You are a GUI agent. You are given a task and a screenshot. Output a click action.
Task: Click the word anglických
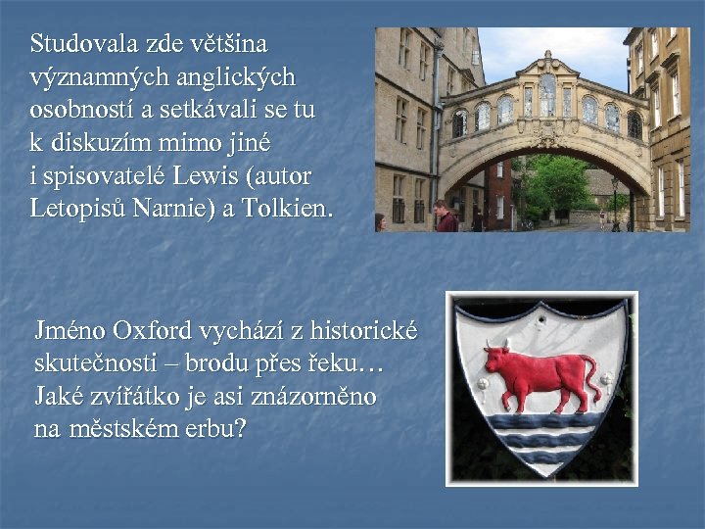coord(233,77)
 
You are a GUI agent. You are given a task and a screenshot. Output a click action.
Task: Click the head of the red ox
coord(495,355)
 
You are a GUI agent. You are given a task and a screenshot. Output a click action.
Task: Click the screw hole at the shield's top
coord(540,314)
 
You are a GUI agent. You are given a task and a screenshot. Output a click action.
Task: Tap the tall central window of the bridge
coord(546,97)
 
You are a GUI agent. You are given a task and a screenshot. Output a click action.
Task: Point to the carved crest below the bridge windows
coord(545,138)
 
